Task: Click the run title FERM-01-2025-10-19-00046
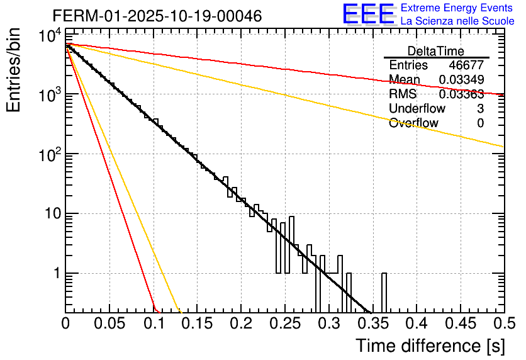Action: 148,16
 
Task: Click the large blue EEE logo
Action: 368,14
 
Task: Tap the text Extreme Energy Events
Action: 457,8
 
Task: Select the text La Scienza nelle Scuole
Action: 457,21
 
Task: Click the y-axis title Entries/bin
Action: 14,70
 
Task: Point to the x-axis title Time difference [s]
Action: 429,346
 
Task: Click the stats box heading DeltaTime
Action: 436,51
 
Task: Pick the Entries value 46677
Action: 466,65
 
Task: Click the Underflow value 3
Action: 480,109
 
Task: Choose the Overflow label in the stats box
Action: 413,123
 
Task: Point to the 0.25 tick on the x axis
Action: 284,323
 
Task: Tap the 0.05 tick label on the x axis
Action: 109,323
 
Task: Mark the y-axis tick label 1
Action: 55,274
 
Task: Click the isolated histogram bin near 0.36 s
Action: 384,293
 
